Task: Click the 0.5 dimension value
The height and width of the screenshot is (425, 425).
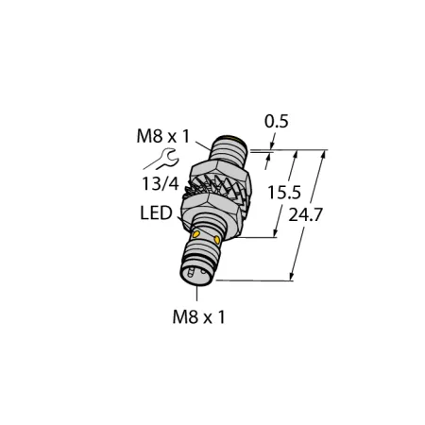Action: click(x=276, y=122)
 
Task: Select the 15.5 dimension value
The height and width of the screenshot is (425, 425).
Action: click(x=284, y=193)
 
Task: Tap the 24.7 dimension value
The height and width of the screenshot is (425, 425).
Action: click(x=305, y=215)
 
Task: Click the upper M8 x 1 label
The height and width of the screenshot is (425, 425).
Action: click(x=163, y=136)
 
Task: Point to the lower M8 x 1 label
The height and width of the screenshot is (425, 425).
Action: click(x=199, y=316)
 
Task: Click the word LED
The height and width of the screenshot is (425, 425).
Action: click(x=156, y=213)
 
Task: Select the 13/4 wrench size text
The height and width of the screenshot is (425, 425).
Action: click(x=161, y=183)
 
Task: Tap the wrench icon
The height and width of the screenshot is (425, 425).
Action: click(x=161, y=159)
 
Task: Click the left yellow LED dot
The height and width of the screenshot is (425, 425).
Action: click(x=195, y=234)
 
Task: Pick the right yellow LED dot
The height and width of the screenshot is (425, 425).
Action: click(x=217, y=240)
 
